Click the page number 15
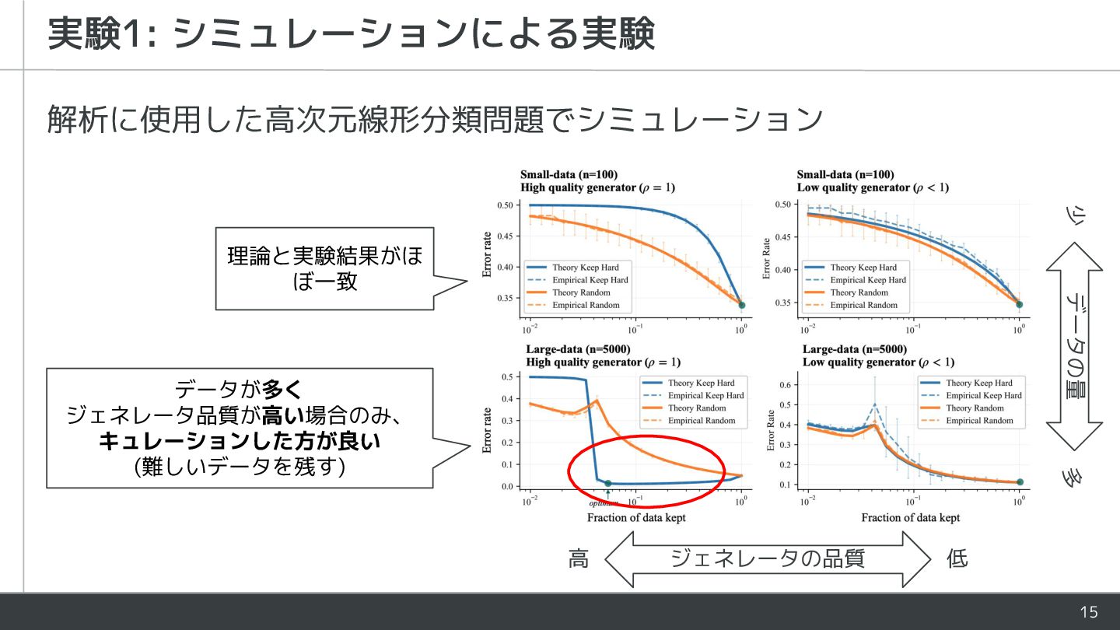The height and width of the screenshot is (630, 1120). pyautogui.click(x=1089, y=612)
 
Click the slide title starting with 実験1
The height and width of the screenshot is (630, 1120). pyautogui.click(x=351, y=34)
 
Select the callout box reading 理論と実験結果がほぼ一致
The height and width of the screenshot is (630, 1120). pyautogui.click(x=324, y=268)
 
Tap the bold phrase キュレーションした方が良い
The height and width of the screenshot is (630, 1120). pyautogui.click(x=240, y=442)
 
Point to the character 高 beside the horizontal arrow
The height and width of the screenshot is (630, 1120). pyautogui.click(x=579, y=558)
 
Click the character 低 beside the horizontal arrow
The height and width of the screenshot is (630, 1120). pyautogui.click(x=957, y=558)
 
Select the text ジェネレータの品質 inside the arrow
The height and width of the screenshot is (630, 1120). pyautogui.click(x=768, y=558)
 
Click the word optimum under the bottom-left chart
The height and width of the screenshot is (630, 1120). pyautogui.click(x=604, y=502)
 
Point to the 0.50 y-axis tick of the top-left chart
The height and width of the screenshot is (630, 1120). pyautogui.click(x=505, y=205)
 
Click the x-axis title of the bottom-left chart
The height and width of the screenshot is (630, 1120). pyautogui.click(x=636, y=518)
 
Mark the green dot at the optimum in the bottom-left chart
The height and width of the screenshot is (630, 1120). pyautogui.click(x=608, y=483)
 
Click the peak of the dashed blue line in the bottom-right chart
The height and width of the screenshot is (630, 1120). pyautogui.click(x=876, y=404)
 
